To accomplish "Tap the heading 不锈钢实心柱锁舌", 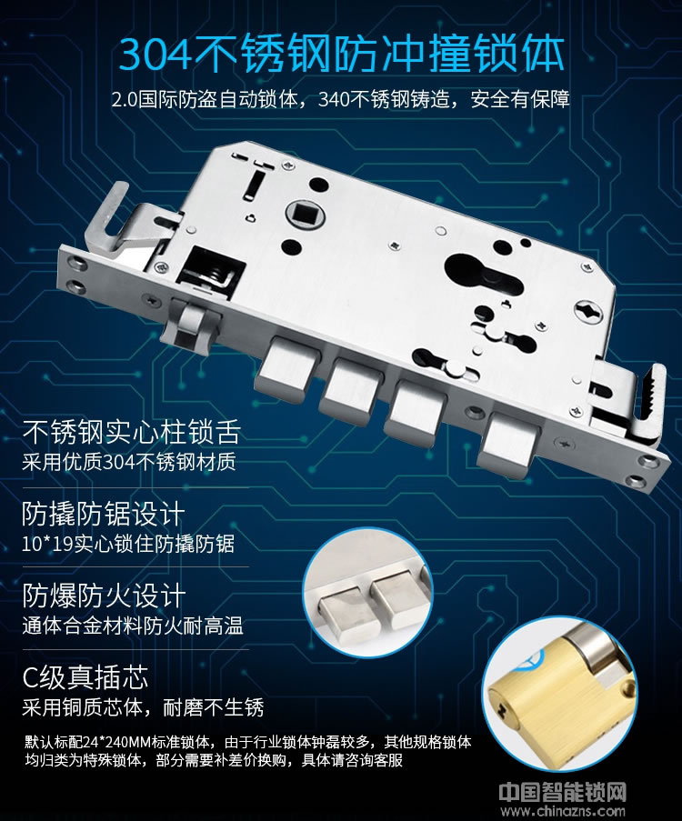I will click(x=131, y=432).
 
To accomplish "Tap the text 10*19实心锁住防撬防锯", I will click(x=128, y=545).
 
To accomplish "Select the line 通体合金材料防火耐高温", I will click(x=133, y=626).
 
